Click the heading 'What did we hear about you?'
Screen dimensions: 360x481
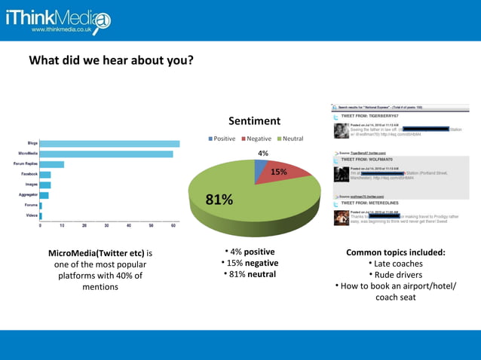(x=111, y=60)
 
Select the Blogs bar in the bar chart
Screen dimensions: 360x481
(x=109, y=143)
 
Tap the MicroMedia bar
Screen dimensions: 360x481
(x=106, y=154)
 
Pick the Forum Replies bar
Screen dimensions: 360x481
(x=52, y=163)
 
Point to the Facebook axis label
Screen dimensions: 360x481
(x=29, y=174)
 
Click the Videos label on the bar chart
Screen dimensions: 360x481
(x=30, y=215)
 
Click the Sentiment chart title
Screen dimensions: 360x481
(x=254, y=121)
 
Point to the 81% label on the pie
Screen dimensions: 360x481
(x=219, y=200)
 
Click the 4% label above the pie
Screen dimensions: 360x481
(x=263, y=154)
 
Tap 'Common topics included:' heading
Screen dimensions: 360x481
(x=396, y=252)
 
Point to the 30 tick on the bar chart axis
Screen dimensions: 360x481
(x=106, y=225)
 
